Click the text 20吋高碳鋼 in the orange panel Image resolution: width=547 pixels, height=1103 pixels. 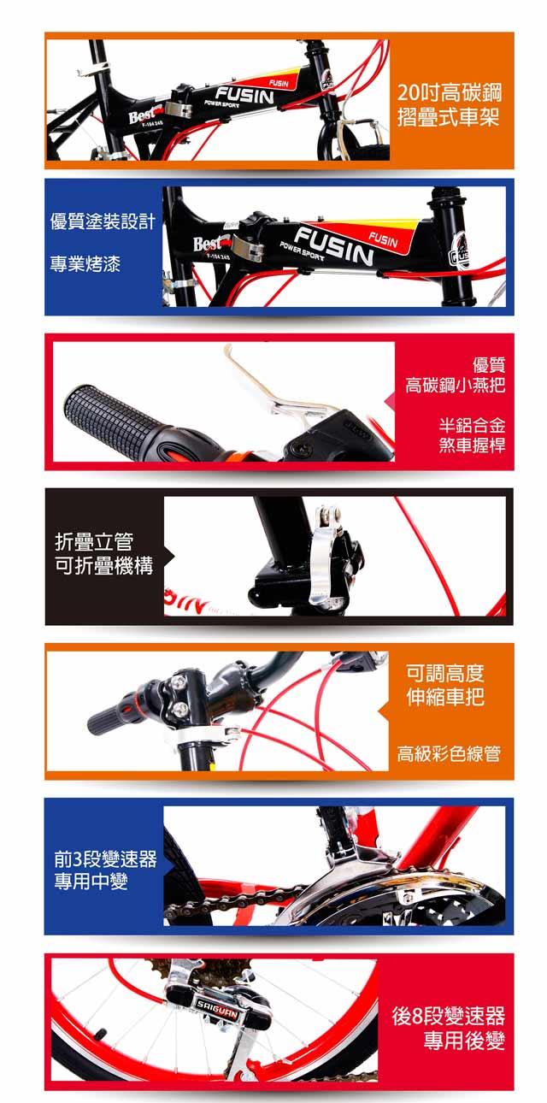click(449, 92)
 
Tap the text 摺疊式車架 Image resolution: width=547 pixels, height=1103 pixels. click(448, 118)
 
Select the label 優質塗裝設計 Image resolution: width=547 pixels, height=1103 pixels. click(103, 222)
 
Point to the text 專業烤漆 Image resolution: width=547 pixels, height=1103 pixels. click(85, 264)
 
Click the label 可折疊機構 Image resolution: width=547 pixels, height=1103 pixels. click(103, 565)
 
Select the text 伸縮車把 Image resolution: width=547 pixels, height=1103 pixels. click(445, 696)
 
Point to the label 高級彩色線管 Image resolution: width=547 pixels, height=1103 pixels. click(449, 753)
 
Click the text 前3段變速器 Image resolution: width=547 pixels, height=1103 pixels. click(105, 859)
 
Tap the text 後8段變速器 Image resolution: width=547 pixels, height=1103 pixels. click(449, 1016)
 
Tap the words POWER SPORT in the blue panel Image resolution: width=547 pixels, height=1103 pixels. click(302, 251)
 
